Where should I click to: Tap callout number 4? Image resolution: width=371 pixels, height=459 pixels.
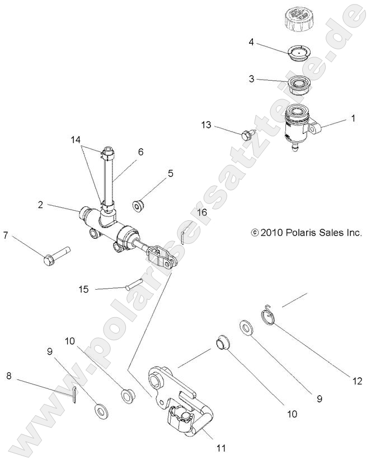[x=251, y=41]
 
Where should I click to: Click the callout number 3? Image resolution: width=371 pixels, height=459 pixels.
[x=251, y=79]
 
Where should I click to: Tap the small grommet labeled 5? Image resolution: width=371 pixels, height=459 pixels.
[x=139, y=205]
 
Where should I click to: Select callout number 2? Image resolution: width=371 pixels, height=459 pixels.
[x=40, y=205]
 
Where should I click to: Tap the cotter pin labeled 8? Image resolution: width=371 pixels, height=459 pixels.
[x=75, y=392]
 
